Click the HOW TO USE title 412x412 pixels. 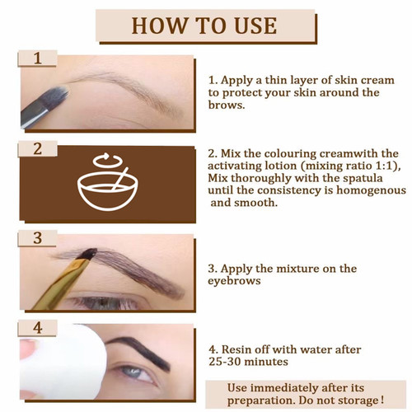click(x=205, y=25)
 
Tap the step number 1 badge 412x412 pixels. click(x=37, y=59)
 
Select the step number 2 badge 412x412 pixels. click(x=37, y=149)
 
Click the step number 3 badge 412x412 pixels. click(x=37, y=238)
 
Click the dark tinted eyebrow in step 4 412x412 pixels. click(x=140, y=343)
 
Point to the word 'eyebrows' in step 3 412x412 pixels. click(x=236, y=280)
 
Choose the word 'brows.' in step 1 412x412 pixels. click(x=227, y=105)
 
